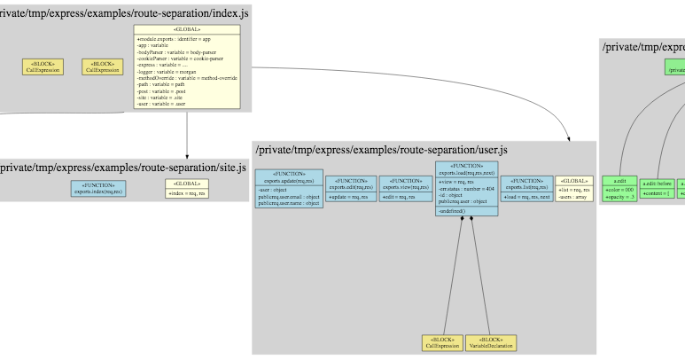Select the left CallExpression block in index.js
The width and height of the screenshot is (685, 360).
[x=37, y=67]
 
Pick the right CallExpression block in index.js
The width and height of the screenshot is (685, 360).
[x=102, y=67]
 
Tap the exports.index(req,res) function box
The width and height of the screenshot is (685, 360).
[x=98, y=189]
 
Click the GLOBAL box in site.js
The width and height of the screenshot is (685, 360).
[x=187, y=189]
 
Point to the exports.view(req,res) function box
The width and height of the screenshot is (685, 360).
[x=406, y=188]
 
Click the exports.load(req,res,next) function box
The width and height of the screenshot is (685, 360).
[x=466, y=188]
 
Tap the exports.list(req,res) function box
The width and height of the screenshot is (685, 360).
[x=526, y=188]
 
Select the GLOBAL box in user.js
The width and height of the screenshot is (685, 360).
[x=573, y=188]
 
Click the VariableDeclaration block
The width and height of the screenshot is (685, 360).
[x=490, y=342]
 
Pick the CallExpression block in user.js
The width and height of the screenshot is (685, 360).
[x=442, y=342]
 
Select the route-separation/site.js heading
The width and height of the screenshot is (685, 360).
[x=123, y=168]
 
